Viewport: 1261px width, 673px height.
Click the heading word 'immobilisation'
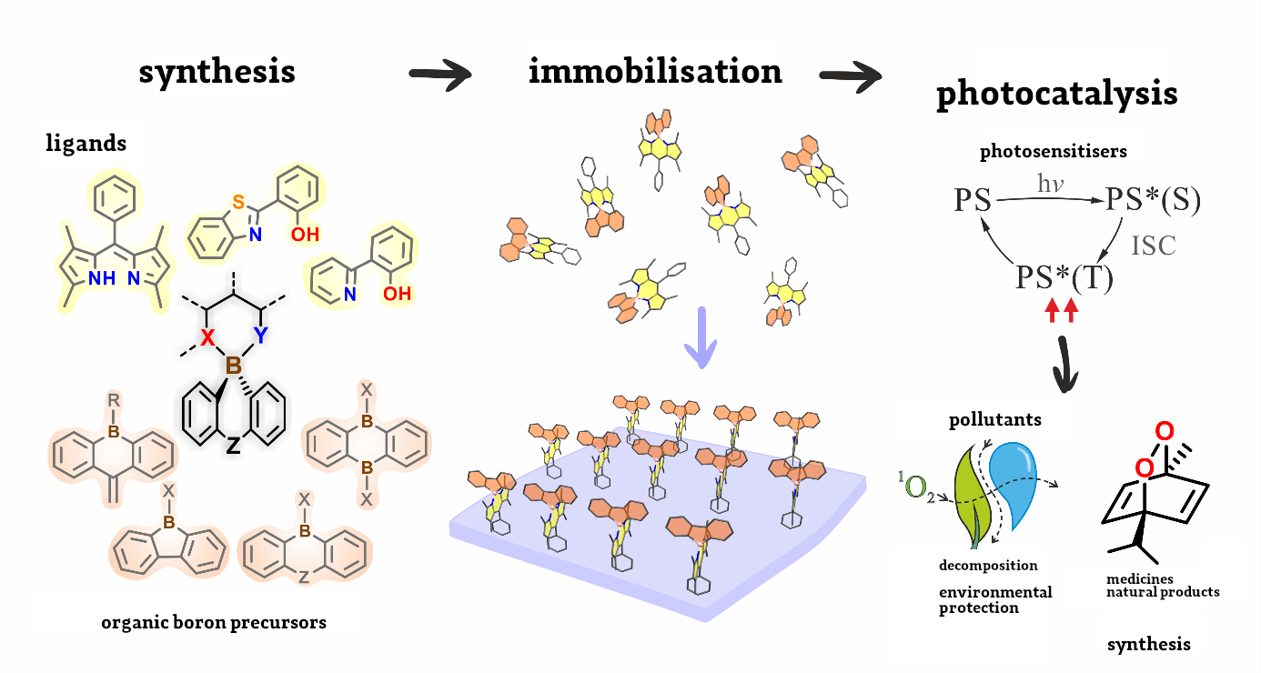click(655, 72)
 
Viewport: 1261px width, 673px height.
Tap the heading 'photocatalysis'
click(1056, 94)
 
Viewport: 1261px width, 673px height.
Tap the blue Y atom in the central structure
click(260, 336)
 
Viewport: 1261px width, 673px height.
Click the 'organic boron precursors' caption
click(214, 623)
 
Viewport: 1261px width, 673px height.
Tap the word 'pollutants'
click(994, 420)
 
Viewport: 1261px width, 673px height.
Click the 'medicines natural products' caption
click(1162, 586)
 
